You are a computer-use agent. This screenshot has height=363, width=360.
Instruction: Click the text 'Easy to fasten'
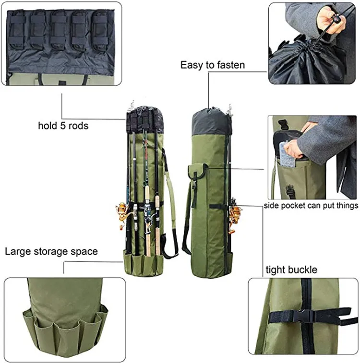212,65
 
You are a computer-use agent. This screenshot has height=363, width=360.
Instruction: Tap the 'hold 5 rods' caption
63,126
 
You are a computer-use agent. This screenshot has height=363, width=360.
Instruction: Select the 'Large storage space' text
51,251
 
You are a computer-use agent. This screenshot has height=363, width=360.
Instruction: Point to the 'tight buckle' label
291,269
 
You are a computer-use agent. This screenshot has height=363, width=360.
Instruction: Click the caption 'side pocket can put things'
311,206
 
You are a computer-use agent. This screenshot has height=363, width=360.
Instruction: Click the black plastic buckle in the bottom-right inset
301,316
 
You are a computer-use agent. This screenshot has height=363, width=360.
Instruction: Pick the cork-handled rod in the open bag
146,201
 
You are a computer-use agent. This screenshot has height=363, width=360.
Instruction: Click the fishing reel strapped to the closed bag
235,218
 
